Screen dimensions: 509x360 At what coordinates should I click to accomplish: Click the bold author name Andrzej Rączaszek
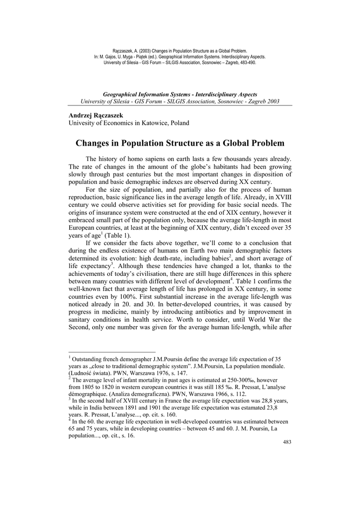95,115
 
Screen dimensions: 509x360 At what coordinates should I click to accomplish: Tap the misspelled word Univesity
82,123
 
